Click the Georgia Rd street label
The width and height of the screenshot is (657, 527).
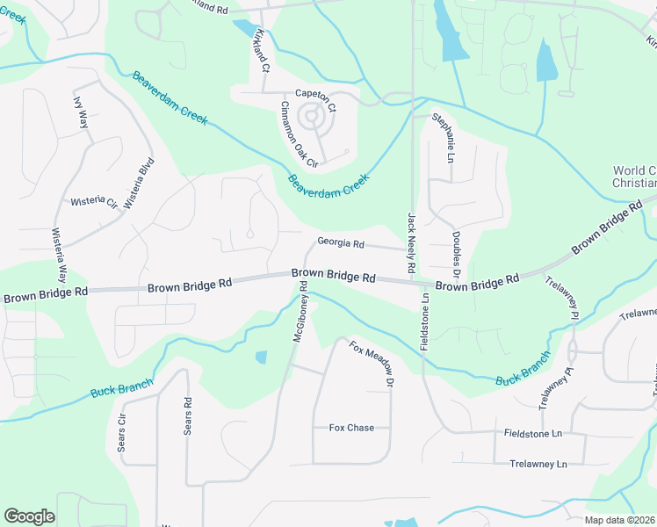[340, 242]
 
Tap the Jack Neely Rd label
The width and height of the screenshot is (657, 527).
[410, 242]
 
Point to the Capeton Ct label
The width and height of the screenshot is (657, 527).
[315, 100]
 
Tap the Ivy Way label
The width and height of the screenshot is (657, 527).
[81, 112]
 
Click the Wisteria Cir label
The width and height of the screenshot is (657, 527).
[94, 201]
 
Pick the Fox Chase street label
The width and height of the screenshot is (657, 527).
[351, 428]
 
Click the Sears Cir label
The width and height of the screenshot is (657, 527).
[122, 431]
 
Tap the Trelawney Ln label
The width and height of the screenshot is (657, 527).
[538, 463]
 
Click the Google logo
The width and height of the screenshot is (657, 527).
[29, 516]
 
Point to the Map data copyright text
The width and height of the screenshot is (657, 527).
[619, 520]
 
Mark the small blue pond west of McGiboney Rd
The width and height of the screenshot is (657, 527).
[261, 357]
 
